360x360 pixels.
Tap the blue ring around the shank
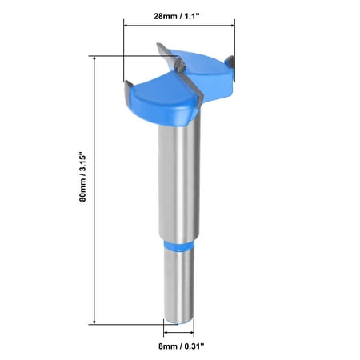(x=178, y=245)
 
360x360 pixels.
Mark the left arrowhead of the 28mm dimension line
(x=126, y=25)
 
